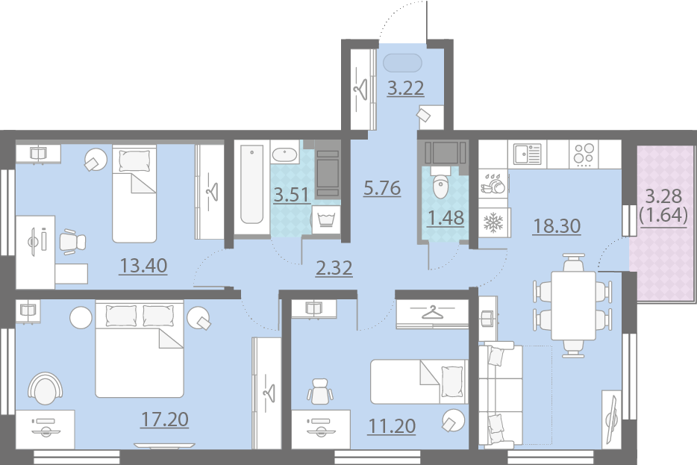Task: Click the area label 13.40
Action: (x=143, y=266)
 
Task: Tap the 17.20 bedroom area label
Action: (x=164, y=419)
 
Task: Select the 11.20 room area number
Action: (x=392, y=426)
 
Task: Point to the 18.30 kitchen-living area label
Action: (x=557, y=226)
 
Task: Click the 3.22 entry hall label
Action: (x=405, y=88)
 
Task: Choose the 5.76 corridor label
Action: (x=382, y=188)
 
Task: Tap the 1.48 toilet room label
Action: (x=446, y=218)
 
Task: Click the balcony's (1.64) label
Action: (x=663, y=215)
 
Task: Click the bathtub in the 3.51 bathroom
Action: (x=251, y=184)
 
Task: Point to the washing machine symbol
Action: (x=326, y=219)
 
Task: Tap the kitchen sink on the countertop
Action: (x=527, y=154)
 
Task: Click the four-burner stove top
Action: (x=584, y=154)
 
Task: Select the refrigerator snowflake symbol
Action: (x=493, y=222)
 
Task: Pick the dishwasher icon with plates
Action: (x=493, y=184)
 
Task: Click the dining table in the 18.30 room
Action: (x=573, y=305)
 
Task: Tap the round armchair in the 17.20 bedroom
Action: (x=46, y=388)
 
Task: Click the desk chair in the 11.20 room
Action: (x=320, y=391)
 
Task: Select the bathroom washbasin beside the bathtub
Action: (x=285, y=155)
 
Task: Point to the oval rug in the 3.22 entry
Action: (x=402, y=63)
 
